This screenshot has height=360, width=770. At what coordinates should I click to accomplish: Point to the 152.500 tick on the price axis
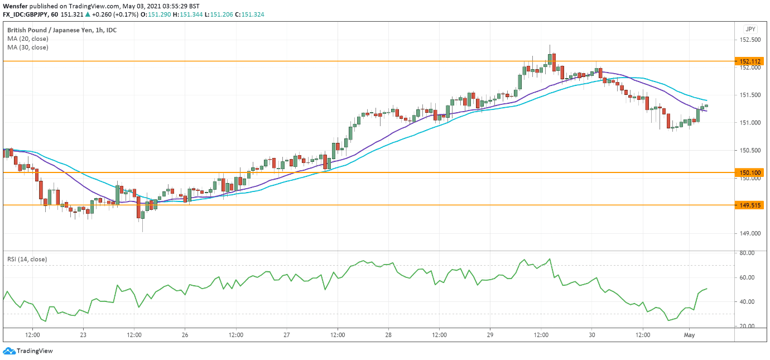click(749, 40)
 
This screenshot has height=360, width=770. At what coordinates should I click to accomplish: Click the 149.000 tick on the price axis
click(749, 233)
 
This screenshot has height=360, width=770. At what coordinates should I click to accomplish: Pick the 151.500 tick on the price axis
click(749, 95)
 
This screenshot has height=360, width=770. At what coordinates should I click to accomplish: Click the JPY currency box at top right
click(749, 29)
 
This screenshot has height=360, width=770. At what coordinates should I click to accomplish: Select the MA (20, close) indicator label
click(28, 39)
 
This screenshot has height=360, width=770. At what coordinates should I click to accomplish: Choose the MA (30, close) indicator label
click(28, 47)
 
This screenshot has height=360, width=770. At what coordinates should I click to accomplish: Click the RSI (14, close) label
click(27, 259)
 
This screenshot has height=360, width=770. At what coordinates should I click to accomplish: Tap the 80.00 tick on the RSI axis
click(747, 253)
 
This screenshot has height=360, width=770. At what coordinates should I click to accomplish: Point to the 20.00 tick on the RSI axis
click(747, 326)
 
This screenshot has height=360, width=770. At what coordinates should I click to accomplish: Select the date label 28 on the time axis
click(388, 335)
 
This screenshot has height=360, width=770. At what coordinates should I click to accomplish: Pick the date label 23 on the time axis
click(83, 335)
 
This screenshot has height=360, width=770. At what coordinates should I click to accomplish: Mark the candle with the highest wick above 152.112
click(550, 56)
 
